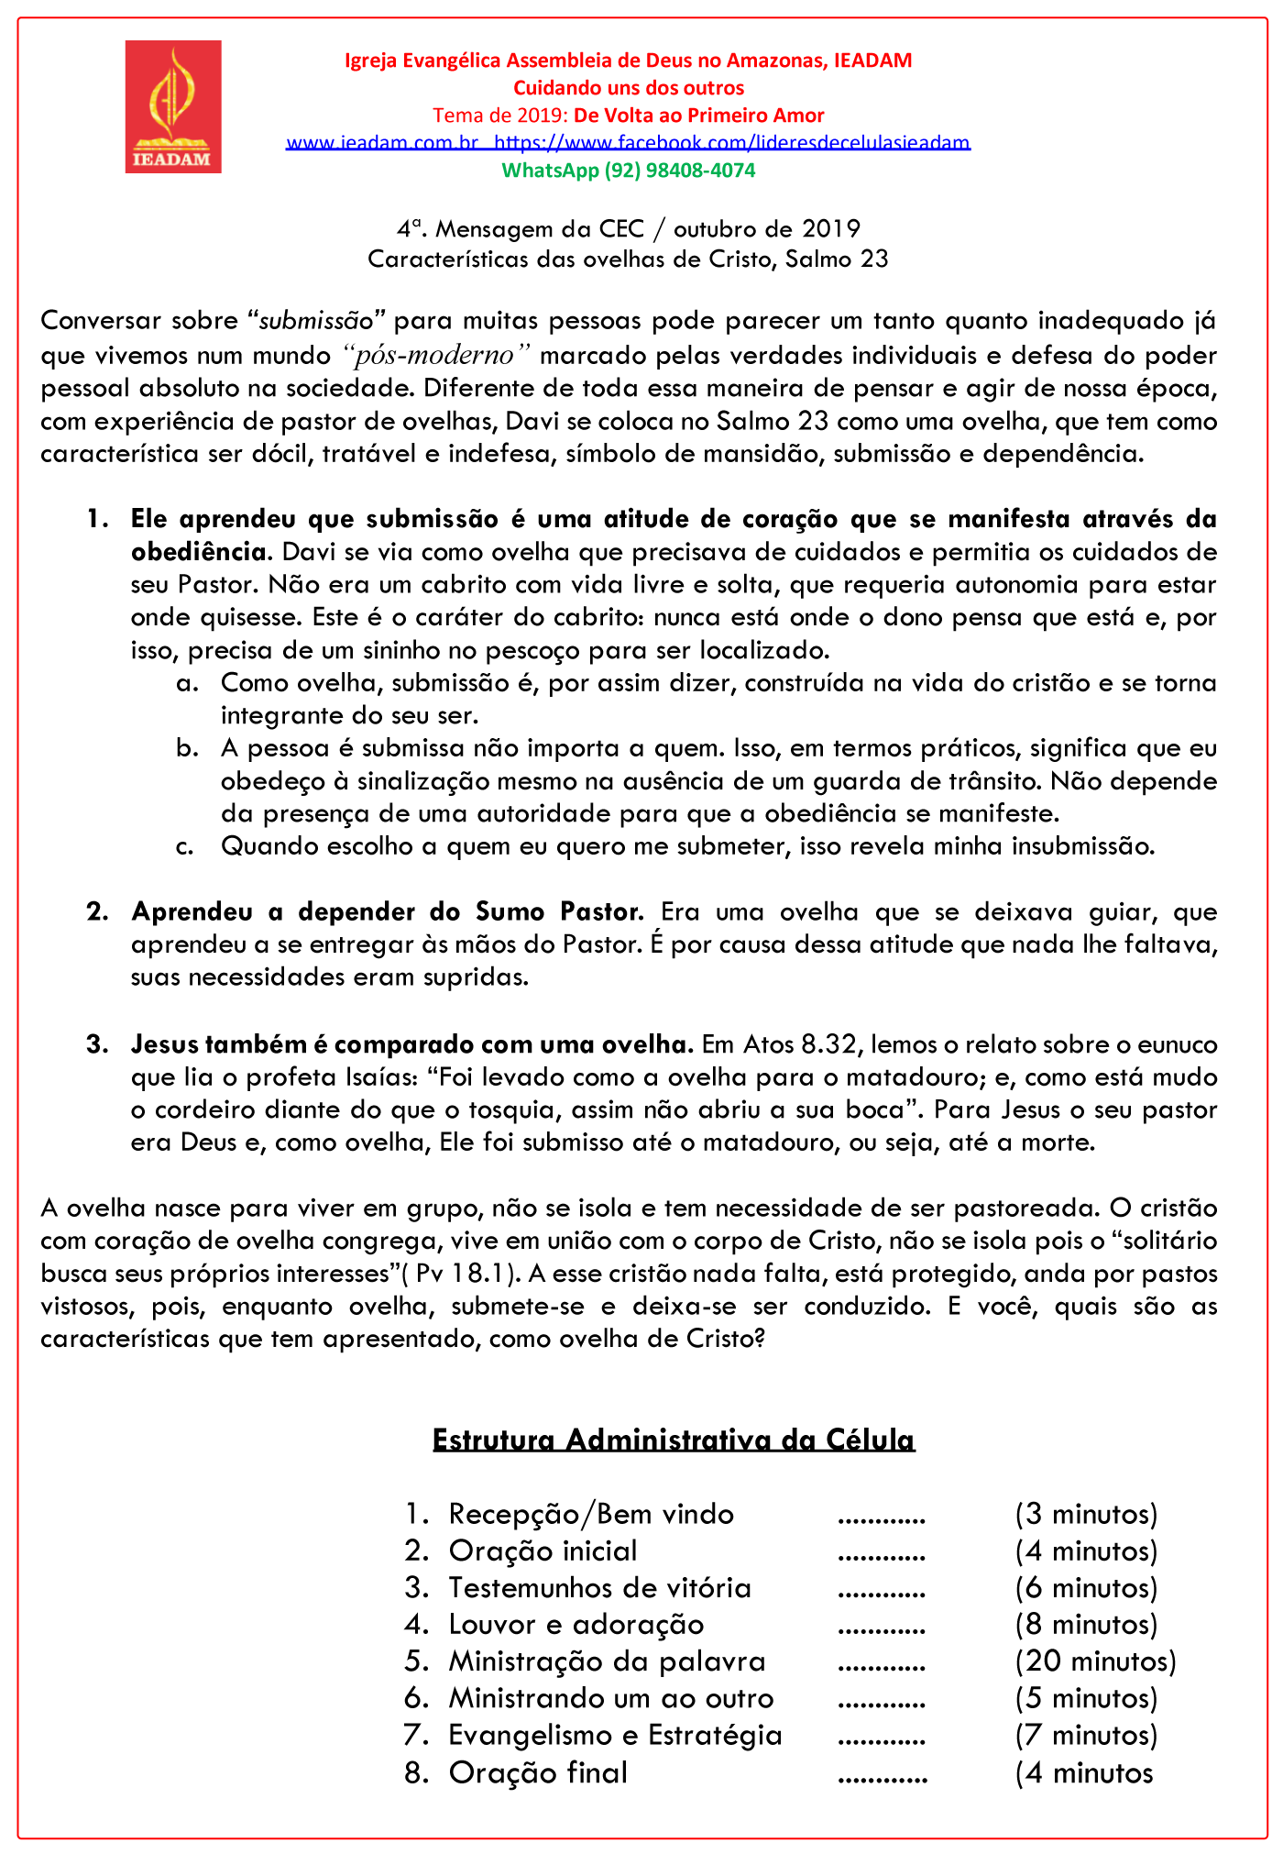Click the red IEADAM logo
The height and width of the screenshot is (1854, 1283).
coord(173,106)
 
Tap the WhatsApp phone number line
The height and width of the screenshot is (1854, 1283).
coord(628,171)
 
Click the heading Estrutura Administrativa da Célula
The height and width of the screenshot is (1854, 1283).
coord(674,1440)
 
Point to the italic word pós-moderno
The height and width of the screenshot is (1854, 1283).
coord(438,355)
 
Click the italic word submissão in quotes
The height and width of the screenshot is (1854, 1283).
coord(317,321)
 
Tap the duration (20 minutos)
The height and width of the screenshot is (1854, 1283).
coord(1095,1661)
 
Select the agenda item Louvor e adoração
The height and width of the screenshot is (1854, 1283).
coord(576,1625)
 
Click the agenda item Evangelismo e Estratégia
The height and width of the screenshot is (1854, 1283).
coord(615,1736)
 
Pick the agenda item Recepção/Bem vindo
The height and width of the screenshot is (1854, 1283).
coord(591,1514)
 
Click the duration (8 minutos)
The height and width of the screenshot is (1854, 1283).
coord(1086,1625)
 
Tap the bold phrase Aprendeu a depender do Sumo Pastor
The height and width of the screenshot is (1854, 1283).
coord(388,912)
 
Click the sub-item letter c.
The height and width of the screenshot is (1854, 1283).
coord(184,846)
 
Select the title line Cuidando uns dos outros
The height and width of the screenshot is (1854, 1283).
coord(628,88)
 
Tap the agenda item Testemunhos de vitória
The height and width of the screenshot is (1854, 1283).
coord(599,1588)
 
